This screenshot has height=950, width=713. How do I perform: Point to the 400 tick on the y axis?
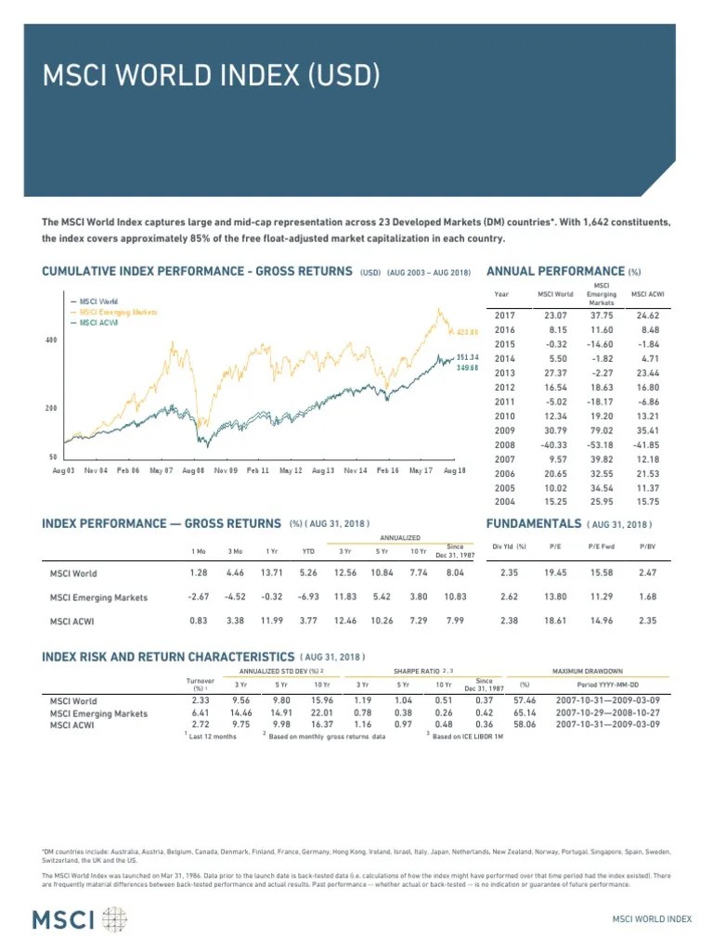tap(52, 340)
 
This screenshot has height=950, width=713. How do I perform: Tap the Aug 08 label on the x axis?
tap(193, 471)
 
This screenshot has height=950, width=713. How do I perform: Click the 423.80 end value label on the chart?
tap(466, 331)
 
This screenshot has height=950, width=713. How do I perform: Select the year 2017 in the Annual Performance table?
tap(504, 315)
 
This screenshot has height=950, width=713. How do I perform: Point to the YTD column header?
tap(307, 551)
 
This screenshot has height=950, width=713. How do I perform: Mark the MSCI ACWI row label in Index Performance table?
tap(72, 621)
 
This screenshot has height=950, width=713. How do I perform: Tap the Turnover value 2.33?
tap(200, 700)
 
